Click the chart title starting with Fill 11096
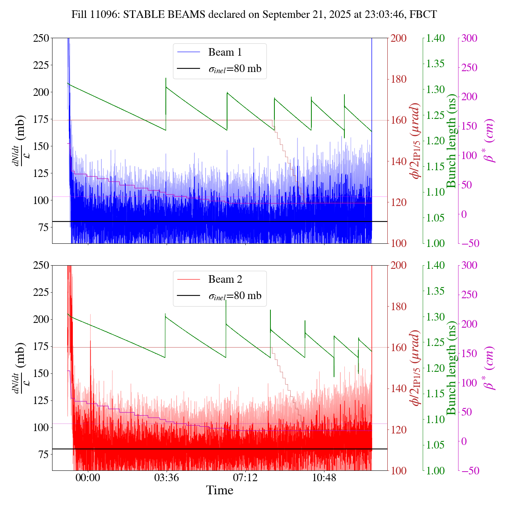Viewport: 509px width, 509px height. [x=254, y=15]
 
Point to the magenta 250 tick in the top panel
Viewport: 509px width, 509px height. [x=469, y=67]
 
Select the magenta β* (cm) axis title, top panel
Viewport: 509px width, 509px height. [x=490, y=141]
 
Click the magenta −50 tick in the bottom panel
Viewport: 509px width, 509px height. [x=469, y=471]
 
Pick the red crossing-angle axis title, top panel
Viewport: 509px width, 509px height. [x=416, y=141]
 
